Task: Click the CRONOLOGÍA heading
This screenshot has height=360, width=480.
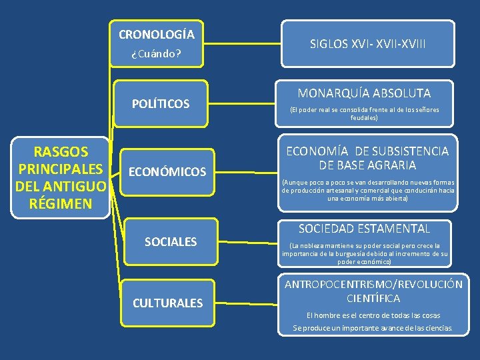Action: (x=157, y=34)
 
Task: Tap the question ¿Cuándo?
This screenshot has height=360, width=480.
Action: (x=157, y=53)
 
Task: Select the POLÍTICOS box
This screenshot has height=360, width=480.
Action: (x=161, y=104)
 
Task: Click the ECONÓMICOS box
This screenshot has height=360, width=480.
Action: (x=167, y=172)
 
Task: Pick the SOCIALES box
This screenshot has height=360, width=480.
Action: (x=171, y=241)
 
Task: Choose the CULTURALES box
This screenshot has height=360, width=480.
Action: (x=167, y=303)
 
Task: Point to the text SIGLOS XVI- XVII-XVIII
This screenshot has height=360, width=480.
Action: (x=367, y=45)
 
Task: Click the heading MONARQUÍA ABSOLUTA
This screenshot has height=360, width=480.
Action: (x=364, y=93)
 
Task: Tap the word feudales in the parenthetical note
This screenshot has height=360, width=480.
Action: (x=364, y=118)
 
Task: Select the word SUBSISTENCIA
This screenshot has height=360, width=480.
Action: (x=410, y=151)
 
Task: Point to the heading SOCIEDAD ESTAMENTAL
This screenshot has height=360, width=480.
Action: (x=364, y=229)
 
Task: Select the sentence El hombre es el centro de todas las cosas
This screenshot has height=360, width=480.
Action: (x=373, y=315)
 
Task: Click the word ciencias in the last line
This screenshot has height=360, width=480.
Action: (x=435, y=328)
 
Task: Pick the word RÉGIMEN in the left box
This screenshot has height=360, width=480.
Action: (x=61, y=203)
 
